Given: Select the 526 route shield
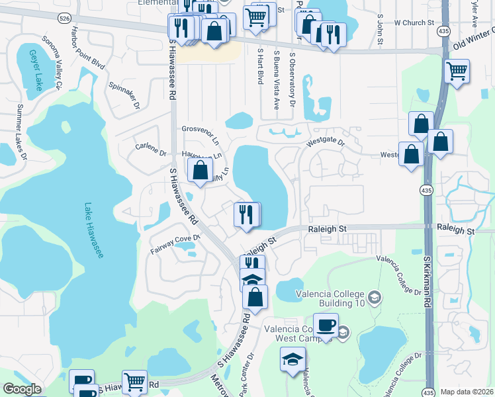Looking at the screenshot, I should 64,18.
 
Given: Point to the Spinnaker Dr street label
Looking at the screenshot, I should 124,96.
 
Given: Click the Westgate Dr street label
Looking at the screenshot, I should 326,142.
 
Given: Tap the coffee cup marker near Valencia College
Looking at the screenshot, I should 326,326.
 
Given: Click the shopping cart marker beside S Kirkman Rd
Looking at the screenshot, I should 457,71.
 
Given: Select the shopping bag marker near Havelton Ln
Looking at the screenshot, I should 200,171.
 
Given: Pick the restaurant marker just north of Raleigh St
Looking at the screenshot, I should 246,215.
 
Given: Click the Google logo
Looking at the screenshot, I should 22,389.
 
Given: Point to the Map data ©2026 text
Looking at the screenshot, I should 466,392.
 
